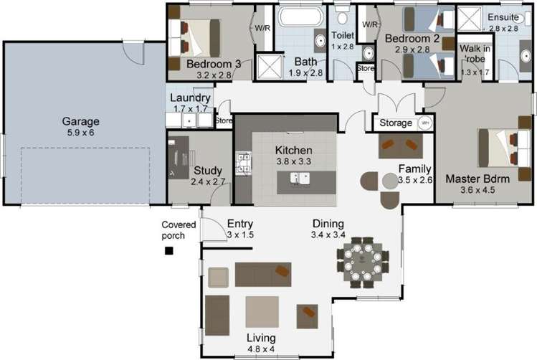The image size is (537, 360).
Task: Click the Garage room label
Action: pyautogui.click(x=80, y=121)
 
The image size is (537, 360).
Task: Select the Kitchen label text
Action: pyautogui.click(x=294, y=151)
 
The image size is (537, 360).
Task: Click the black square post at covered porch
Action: pyautogui.click(x=169, y=250)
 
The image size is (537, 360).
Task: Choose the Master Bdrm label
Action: pyautogui.click(x=477, y=178)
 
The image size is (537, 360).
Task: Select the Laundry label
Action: pyautogui.click(x=190, y=98)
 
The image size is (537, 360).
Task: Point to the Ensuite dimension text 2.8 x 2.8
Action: pyautogui.click(x=503, y=29)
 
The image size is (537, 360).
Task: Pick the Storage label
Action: pyautogui.click(x=396, y=123)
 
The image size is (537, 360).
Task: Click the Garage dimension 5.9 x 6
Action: pyautogui.click(x=80, y=133)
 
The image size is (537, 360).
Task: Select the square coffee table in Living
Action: pyautogui.click(x=262, y=311)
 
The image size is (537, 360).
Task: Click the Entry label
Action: pyautogui.click(x=240, y=224)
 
